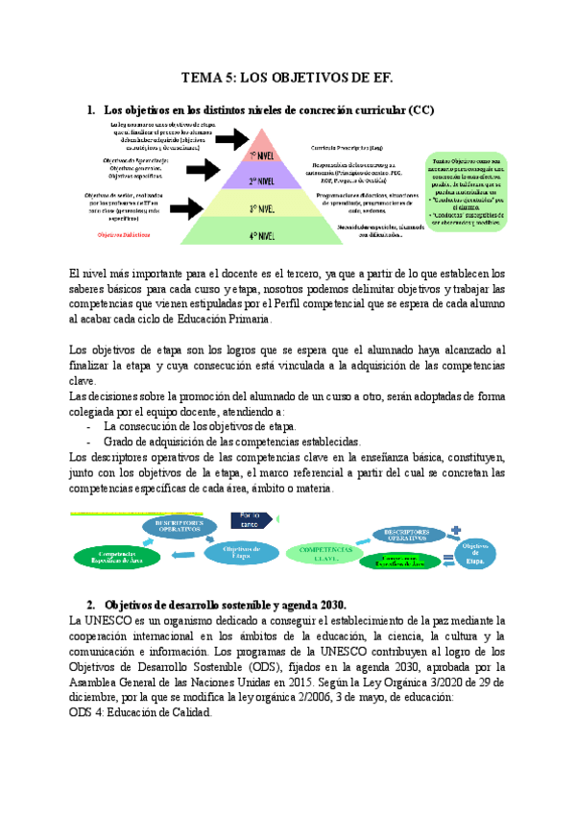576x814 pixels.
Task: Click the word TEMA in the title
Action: click(x=203, y=80)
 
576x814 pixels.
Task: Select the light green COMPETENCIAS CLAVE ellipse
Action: click(x=318, y=552)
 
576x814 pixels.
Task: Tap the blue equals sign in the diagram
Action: click(x=445, y=561)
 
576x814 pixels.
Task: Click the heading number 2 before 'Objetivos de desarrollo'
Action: click(x=89, y=606)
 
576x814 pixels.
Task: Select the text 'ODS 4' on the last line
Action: click(x=88, y=713)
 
